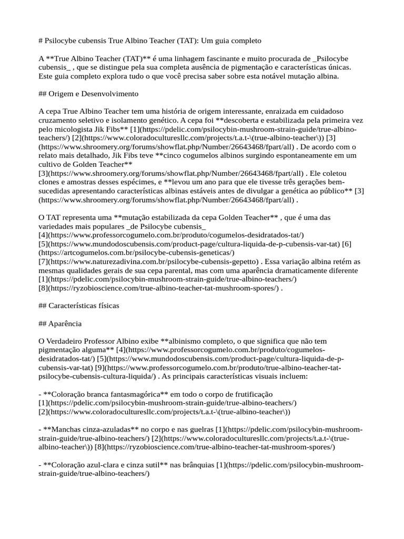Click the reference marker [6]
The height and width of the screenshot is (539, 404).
tap(347, 244)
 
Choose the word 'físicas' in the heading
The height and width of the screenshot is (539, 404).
tap(106, 305)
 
